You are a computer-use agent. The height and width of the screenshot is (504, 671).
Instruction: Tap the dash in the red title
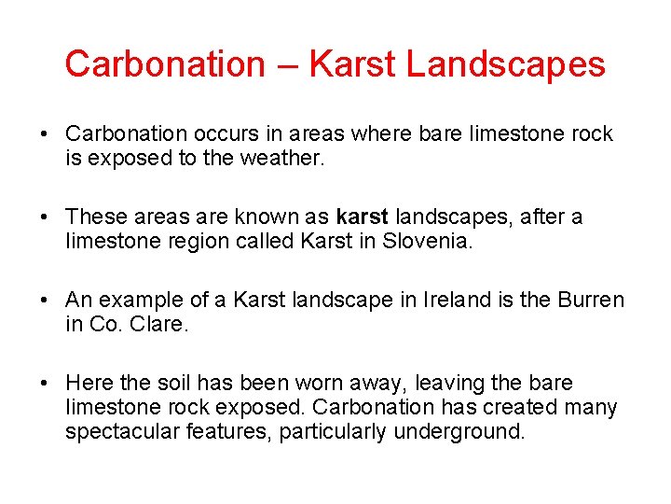(286, 65)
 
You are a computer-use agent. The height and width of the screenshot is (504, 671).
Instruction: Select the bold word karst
(363, 217)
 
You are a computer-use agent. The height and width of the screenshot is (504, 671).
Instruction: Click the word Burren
(591, 301)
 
